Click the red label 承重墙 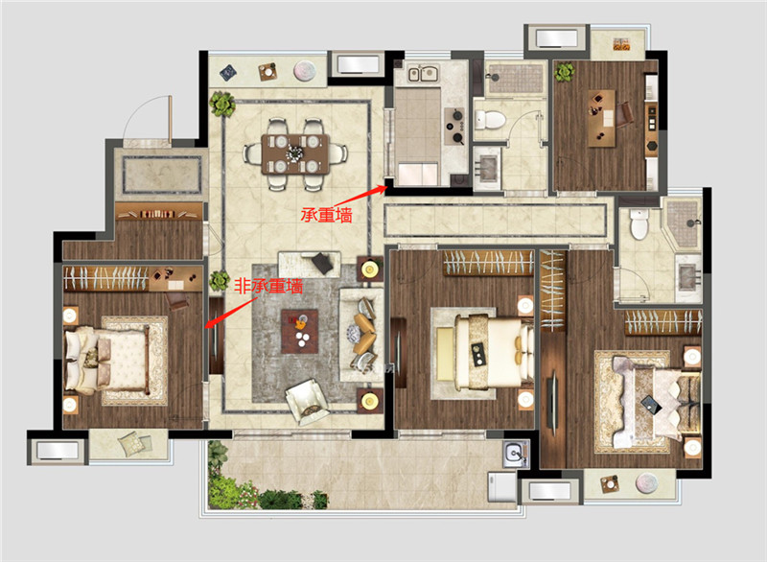coord(326,215)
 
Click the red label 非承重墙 coord(268,286)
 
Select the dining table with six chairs coord(295,154)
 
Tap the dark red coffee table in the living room coord(299,331)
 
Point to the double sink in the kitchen coord(423,74)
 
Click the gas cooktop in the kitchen coord(454,127)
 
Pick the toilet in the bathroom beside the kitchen coord(490,119)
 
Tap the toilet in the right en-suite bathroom coord(639,224)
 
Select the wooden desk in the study coord(601,118)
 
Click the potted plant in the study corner coord(565,72)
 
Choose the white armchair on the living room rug coord(307,400)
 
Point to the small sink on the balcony coord(515,454)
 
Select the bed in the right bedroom coord(657,401)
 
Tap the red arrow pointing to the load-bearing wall coord(360,196)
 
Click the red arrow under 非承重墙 coord(228,313)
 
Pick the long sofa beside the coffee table coord(361,335)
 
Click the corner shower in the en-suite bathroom coord(682,223)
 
